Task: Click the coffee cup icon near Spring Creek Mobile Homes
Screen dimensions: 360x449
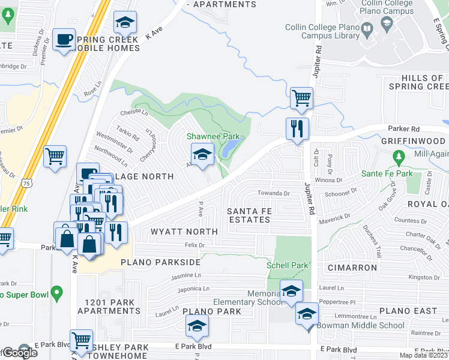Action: click(x=64, y=40)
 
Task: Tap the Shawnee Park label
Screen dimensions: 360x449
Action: click(x=213, y=137)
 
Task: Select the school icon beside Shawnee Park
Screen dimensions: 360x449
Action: click(x=202, y=154)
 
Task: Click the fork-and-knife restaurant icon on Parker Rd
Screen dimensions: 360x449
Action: click(x=297, y=128)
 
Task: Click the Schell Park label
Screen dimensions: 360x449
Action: click(x=288, y=265)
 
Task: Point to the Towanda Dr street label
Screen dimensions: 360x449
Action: click(x=274, y=194)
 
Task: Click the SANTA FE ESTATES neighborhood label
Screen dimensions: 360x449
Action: click(x=249, y=215)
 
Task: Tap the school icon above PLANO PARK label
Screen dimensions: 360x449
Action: click(x=197, y=326)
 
